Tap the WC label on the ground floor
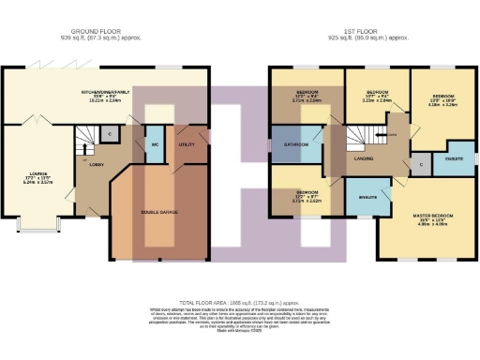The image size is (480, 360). point(155,145)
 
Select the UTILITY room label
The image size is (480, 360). point(187,145)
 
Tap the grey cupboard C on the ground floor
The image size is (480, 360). point(112,135)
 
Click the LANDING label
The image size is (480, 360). point(365,157)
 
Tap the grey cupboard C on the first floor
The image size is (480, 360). point(421,164)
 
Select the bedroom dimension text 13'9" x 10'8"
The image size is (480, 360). point(442,101)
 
